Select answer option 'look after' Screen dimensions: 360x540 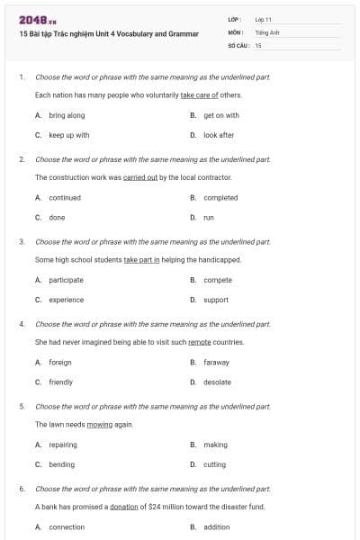[x=219, y=135]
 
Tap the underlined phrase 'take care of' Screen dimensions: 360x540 [x=200, y=94]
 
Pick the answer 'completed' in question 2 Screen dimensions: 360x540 [x=220, y=197]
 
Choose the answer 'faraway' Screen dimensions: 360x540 [x=216, y=362]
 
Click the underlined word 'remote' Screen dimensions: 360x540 [x=200, y=342]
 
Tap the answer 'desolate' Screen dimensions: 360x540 [x=217, y=382]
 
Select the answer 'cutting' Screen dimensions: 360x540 [x=215, y=464]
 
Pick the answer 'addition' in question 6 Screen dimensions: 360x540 [x=217, y=526]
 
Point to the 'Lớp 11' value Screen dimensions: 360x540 [x=263, y=18]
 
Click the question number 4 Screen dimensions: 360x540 [x=22, y=323]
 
